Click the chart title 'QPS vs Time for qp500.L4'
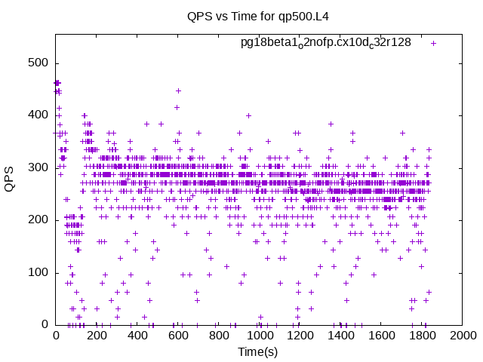tap(258, 16)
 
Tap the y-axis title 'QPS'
tap(9, 179)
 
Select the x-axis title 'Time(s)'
tap(258, 351)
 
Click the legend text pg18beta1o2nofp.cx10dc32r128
tap(325, 42)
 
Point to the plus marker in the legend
tap(433, 44)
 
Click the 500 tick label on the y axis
tap(38, 63)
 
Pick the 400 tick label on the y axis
tap(38, 115)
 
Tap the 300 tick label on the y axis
tap(38, 167)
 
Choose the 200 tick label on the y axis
tap(38, 220)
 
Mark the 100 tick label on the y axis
tap(38, 272)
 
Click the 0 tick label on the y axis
tap(45, 324)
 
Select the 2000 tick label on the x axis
tap(463, 335)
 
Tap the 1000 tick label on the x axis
tap(260, 335)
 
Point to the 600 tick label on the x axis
tap(178, 335)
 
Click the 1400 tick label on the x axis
tap(340, 335)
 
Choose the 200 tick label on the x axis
tap(97, 335)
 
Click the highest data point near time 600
tap(178, 90)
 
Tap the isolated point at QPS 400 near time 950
tap(248, 115)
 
